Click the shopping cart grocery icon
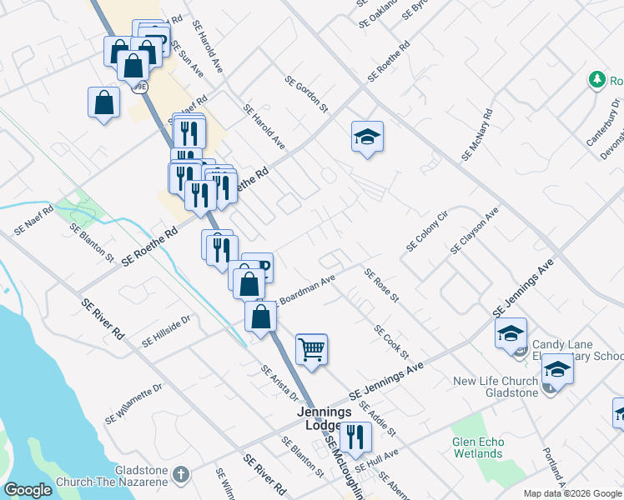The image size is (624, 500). (x=311, y=348)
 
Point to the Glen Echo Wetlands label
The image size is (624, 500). (x=478, y=448)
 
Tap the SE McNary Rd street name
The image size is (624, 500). (x=477, y=135)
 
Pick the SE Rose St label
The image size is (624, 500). (x=382, y=285)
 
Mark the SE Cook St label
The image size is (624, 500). (x=391, y=342)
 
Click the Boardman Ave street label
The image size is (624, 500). (x=306, y=288)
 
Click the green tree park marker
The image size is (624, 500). (x=597, y=80)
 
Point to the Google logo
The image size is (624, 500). (x=28, y=490)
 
